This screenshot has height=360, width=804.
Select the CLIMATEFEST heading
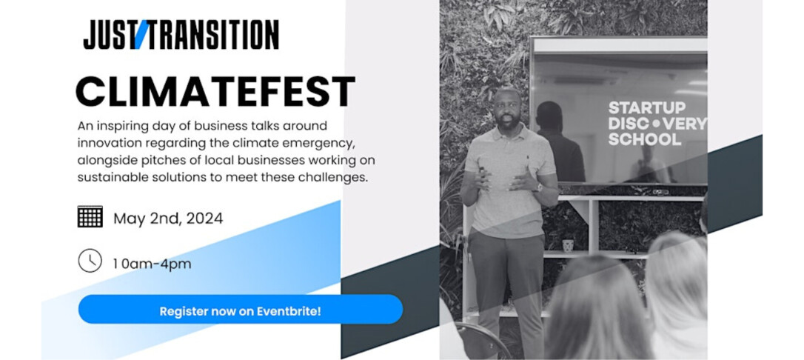point(215,92)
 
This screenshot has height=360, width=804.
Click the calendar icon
point(90,217)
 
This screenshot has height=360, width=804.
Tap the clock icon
point(90,261)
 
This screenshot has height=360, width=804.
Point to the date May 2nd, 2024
point(168,219)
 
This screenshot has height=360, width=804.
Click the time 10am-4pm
point(152,263)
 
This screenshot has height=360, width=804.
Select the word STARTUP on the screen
point(636,108)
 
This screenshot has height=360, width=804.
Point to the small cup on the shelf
point(568,244)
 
